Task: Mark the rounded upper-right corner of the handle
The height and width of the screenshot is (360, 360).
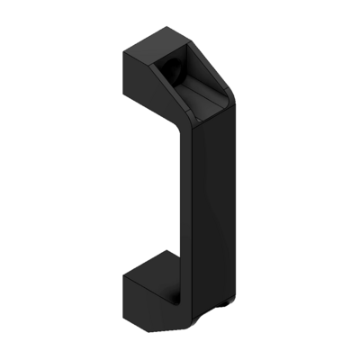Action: pos(229,90)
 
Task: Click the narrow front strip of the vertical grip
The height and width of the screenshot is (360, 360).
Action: pos(184,207)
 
